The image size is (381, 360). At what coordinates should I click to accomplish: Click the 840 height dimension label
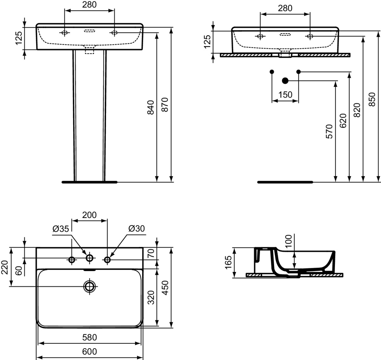tap(150, 107)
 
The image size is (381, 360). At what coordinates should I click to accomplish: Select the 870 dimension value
tap(165, 105)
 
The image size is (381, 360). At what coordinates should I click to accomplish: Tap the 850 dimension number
tap(372, 99)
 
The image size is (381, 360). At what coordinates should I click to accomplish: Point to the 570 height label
tap(329, 132)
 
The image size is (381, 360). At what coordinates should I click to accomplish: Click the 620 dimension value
tap(343, 121)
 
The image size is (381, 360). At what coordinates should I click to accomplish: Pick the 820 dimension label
tap(357, 110)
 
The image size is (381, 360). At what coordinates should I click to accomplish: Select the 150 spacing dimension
tap(285, 95)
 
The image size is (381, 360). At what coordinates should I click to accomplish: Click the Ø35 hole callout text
tap(61, 229)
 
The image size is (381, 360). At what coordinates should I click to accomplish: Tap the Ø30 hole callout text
tap(137, 228)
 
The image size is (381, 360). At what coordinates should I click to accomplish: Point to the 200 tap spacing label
tap(90, 215)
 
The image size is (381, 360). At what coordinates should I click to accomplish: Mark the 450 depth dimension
tap(165, 288)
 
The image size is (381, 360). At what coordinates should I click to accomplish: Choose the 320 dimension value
tap(151, 297)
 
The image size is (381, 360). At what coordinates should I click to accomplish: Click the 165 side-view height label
tap(228, 262)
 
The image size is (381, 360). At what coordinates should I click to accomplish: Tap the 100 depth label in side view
tap(289, 241)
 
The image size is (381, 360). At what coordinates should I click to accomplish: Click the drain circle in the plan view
tap(90, 287)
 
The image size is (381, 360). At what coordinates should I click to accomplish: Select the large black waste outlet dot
tap(285, 81)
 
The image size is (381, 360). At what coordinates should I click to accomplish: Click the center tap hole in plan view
tap(90, 258)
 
